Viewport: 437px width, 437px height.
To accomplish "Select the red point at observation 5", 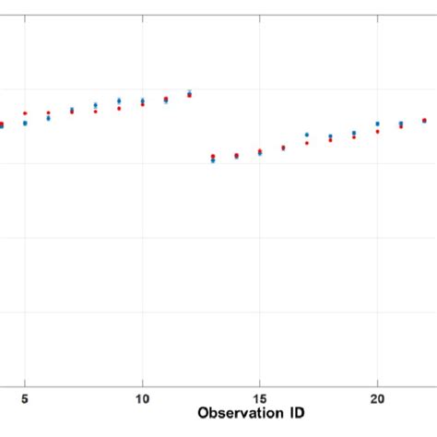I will pos(25,113).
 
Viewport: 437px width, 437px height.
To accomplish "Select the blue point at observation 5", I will pos(25,123).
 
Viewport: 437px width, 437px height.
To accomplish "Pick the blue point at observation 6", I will pos(48,118).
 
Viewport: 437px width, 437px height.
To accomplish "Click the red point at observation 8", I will pos(95,111).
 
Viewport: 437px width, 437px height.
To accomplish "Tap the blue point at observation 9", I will pos(119,100).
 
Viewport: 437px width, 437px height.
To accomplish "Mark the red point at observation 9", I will pos(119,108).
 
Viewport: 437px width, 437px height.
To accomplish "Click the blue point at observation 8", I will pos(95,105).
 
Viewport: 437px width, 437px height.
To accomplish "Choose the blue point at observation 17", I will pos(307,135).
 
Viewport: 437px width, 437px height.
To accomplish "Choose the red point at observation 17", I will pos(307,143).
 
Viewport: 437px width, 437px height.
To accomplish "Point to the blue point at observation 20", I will pos(377,124).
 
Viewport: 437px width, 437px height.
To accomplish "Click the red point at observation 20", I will pos(377,131).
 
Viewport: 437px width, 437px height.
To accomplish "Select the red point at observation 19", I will pos(354,137).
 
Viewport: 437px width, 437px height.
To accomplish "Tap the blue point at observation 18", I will pos(330,136).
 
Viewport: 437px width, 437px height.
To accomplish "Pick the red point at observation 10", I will pos(142,104).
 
